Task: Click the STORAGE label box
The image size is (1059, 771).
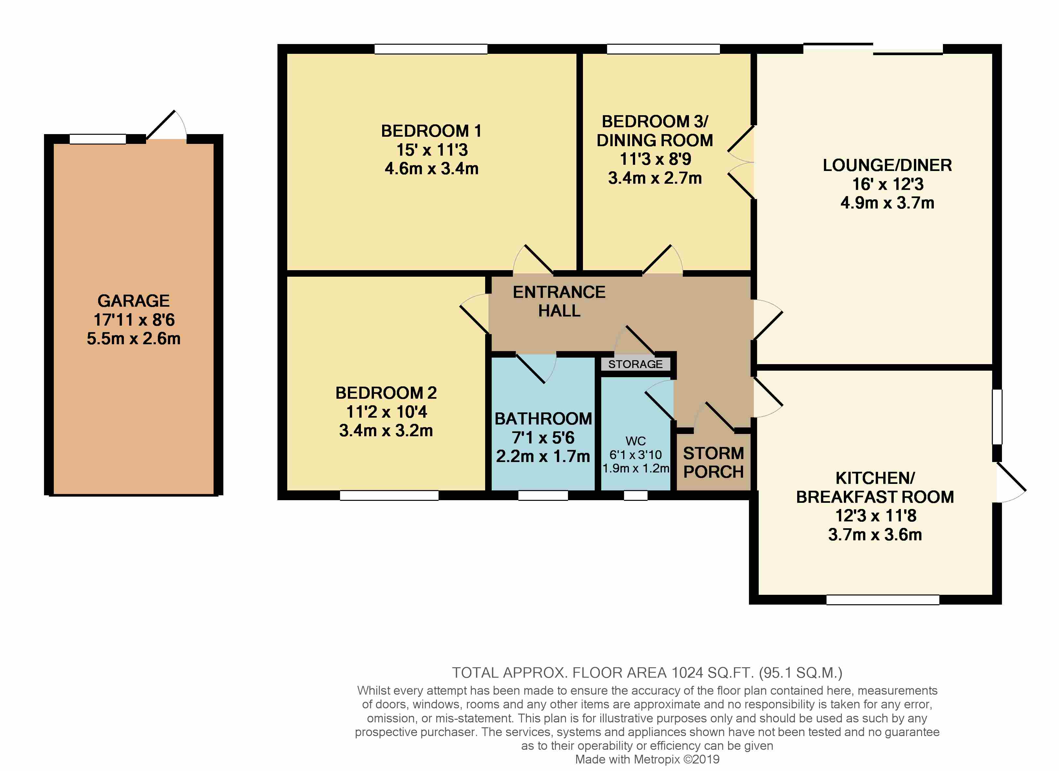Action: coord(635,364)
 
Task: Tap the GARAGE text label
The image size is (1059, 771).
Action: coord(134,301)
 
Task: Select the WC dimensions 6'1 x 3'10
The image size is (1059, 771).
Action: coord(635,455)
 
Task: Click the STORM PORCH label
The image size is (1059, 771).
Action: coord(713,463)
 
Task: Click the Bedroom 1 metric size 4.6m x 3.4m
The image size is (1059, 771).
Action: coord(431,169)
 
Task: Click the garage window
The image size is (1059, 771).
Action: coord(97,139)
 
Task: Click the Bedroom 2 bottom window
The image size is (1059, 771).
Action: coord(389,495)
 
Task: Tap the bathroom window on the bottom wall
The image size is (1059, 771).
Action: coord(543,495)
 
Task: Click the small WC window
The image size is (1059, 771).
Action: coord(635,495)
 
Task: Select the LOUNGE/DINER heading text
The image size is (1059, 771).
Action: coord(887,165)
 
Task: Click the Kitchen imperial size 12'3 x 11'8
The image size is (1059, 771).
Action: coord(875,516)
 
